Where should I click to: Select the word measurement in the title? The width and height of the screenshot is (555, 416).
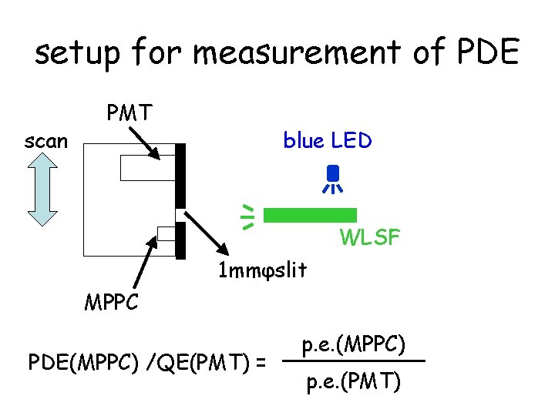pos(295,52)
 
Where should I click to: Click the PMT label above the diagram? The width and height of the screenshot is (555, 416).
pos(129,113)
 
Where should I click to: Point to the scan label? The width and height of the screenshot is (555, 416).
pos(45,141)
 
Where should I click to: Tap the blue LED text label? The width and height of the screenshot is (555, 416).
pos(328,141)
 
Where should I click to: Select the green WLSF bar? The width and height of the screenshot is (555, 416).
pos(304,215)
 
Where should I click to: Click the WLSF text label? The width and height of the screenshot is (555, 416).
pos(369,238)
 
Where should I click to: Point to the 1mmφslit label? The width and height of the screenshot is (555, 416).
pos(263,270)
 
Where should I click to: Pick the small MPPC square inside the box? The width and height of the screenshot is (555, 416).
pos(166,233)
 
